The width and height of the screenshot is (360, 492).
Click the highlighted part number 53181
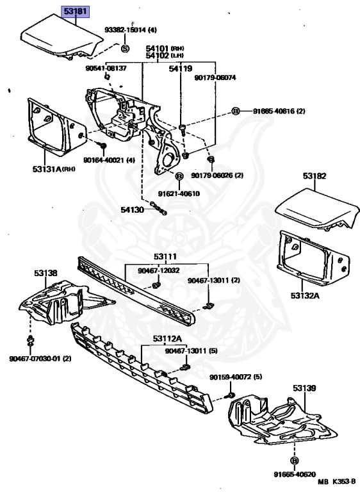[x=76, y=12]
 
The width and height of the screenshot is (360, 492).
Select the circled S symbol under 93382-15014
[x=125, y=49]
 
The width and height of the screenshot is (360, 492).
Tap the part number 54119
[x=181, y=69]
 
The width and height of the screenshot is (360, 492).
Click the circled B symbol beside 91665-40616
[x=235, y=111]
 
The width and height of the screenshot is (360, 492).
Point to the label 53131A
[x=47, y=169]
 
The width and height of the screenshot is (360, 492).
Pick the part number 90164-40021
[x=104, y=160]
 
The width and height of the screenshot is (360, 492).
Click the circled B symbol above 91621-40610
[x=179, y=176]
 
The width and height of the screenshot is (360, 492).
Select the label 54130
[x=133, y=210]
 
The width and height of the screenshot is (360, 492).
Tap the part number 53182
[x=315, y=176]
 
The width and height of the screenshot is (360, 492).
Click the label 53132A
[x=305, y=295]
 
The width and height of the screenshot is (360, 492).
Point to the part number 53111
[x=165, y=257]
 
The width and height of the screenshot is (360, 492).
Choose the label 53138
[x=46, y=274]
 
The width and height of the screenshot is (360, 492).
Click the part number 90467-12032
[x=159, y=270]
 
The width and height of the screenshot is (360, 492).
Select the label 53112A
[x=167, y=339]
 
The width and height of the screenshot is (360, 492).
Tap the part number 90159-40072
[x=231, y=377]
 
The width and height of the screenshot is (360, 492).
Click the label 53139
[x=304, y=388]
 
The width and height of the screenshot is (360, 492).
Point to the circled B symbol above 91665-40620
[x=294, y=461]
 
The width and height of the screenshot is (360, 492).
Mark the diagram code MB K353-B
[x=336, y=482]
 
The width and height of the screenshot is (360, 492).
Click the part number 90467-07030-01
[x=35, y=359]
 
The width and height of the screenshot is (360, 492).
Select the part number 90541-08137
[x=106, y=68]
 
